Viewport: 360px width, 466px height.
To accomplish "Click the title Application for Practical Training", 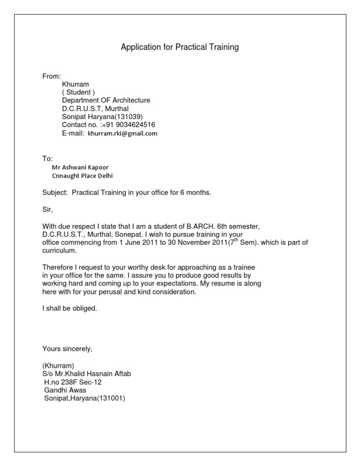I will point(180,47).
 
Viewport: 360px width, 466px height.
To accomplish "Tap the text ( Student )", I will point(78,92).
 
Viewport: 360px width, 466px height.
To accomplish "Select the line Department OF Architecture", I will point(106,100).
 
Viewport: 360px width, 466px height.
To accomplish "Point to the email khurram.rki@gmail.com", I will point(123,133).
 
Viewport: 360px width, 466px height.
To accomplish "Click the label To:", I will point(48,158).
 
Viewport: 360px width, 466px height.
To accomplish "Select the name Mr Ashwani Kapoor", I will point(80,167).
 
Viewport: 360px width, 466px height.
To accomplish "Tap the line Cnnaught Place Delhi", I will point(82,176).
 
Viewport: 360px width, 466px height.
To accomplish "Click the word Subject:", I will point(55,193).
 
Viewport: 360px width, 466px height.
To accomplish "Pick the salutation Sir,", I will point(48,210).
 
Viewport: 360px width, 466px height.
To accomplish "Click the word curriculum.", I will point(59,251).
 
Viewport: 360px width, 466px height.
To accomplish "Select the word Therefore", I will point(59,267).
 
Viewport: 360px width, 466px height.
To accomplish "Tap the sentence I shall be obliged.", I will point(69,308).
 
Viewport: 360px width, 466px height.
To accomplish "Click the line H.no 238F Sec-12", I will point(73,382).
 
